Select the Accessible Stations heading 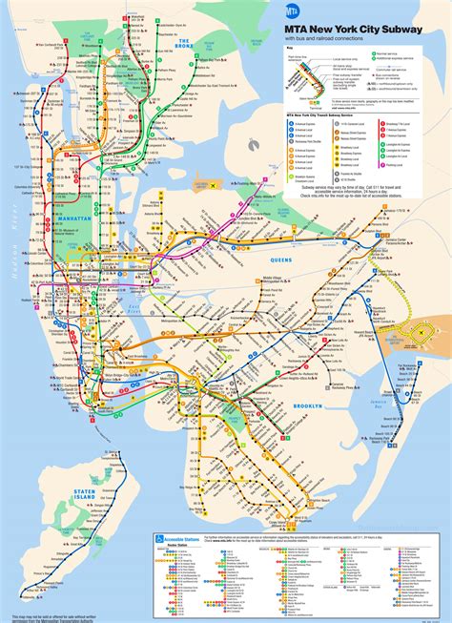(x=190, y=535)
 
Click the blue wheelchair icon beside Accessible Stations (x=158, y=536)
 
